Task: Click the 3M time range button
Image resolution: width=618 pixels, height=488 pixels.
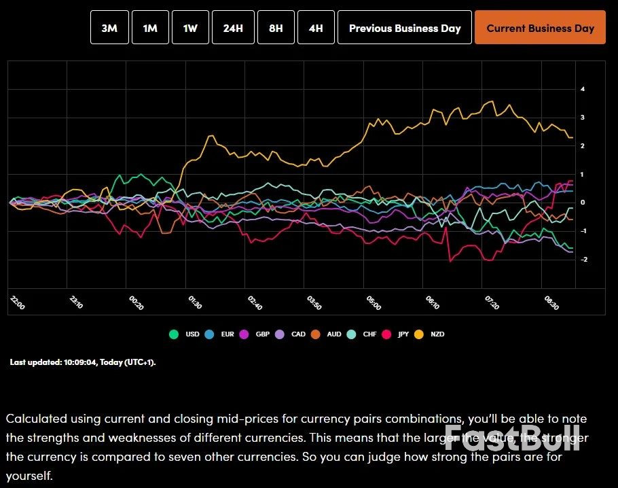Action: pyautogui.click(x=109, y=28)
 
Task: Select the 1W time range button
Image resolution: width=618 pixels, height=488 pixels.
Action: pyautogui.click(x=190, y=28)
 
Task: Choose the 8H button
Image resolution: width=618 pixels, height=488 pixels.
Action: pyautogui.click(x=276, y=28)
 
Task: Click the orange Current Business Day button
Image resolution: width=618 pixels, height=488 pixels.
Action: pyautogui.click(x=540, y=28)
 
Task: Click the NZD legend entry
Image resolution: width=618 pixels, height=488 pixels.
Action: pyautogui.click(x=432, y=334)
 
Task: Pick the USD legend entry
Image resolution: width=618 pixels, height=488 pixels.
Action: pyautogui.click(x=186, y=334)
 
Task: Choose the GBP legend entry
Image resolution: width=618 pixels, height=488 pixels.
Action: pyautogui.click(x=257, y=334)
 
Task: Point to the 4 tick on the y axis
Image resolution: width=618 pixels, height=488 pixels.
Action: pyautogui.click(x=583, y=89)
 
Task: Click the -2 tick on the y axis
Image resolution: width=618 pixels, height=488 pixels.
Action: pyautogui.click(x=583, y=260)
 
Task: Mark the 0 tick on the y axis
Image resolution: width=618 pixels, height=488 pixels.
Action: pyautogui.click(x=583, y=203)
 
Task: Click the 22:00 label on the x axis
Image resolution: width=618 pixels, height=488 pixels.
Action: pyautogui.click(x=18, y=303)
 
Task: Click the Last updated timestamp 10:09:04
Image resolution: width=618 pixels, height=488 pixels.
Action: pyautogui.click(x=81, y=362)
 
